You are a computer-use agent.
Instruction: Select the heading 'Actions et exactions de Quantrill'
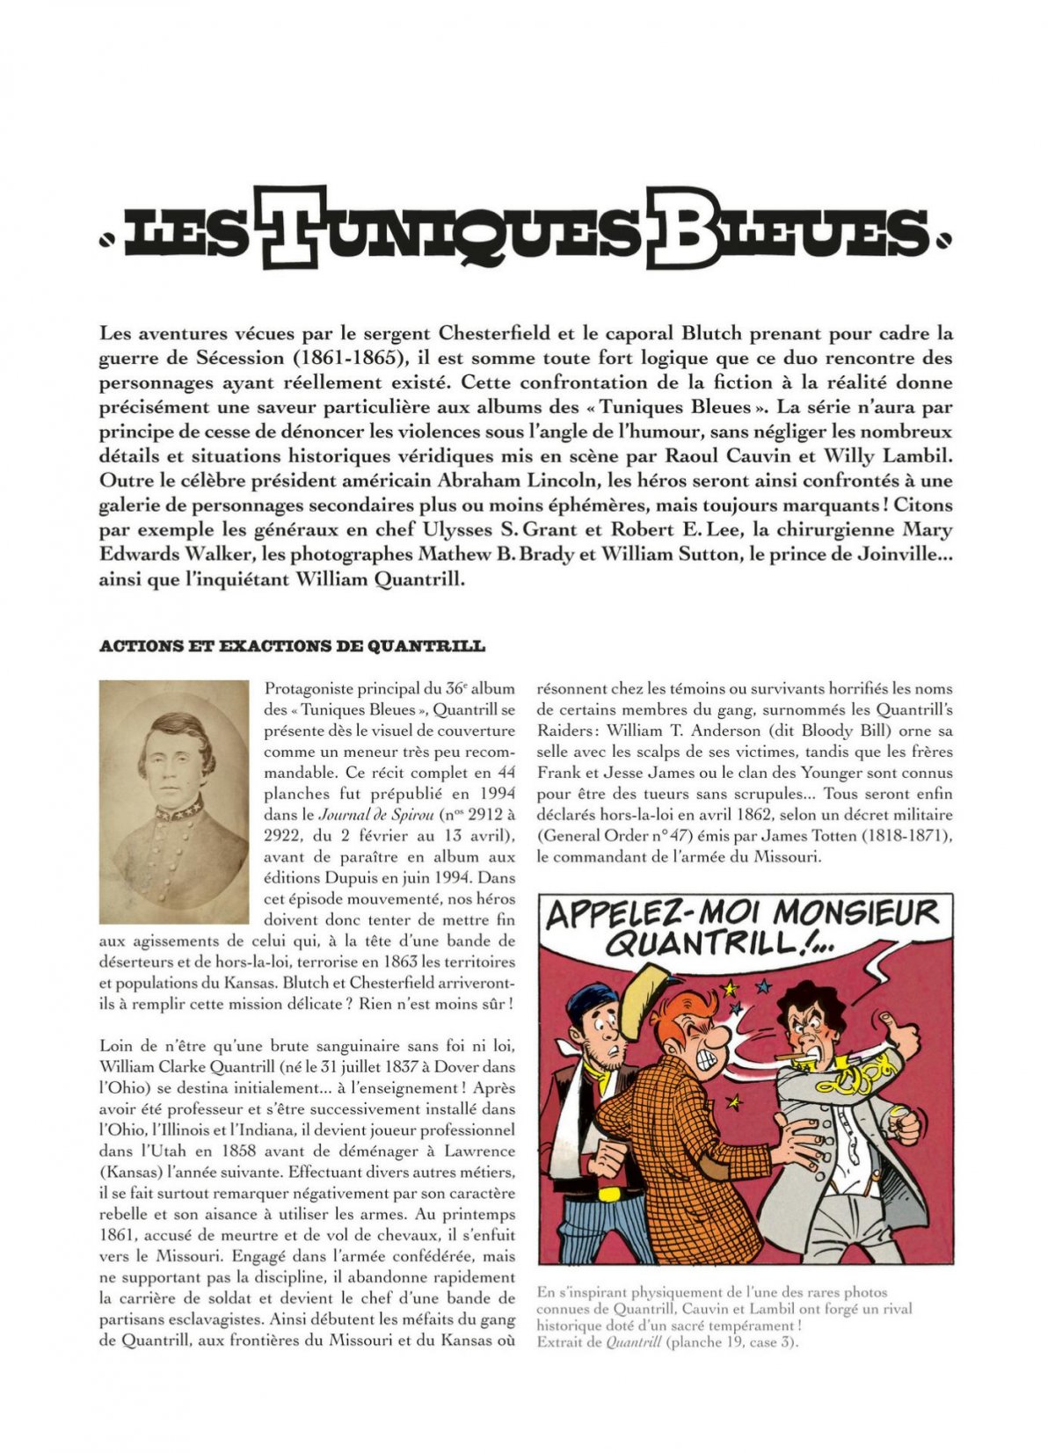292,646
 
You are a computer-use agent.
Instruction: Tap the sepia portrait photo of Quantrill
173,801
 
